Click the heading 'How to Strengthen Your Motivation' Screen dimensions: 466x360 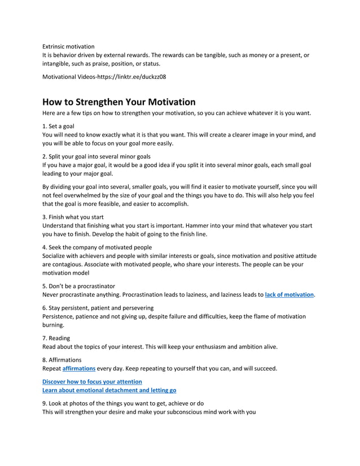click(119, 102)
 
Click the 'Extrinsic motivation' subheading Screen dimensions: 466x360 click(69, 46)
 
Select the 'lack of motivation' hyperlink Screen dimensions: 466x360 click(289, 294)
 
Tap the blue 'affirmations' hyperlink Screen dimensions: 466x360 click(78, 368)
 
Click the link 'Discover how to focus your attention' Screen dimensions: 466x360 click(93, 382)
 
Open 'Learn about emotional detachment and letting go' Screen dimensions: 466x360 click(110, 390)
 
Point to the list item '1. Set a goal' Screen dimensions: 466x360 click(59, 126)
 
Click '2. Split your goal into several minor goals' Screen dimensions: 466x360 click(96, 156)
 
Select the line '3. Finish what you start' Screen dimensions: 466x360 click(73, 217)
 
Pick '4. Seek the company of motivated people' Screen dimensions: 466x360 click(97, 247)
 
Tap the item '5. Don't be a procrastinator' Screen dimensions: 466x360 click(79, 285)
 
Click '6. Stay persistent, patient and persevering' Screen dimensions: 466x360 click(98, 308)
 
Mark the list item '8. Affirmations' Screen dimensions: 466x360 click(62, 360)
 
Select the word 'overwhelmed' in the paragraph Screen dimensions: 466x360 click(82, 195)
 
